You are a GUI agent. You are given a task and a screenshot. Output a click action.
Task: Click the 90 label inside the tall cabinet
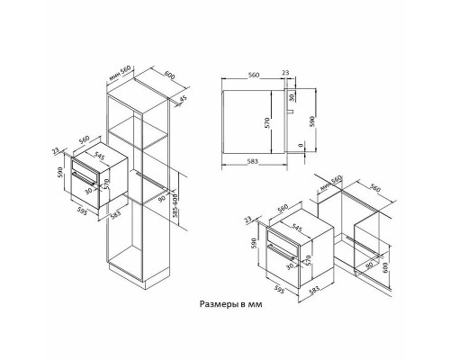pos(161,198)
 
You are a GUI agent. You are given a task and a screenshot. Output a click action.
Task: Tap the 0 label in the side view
pos(300,146)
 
